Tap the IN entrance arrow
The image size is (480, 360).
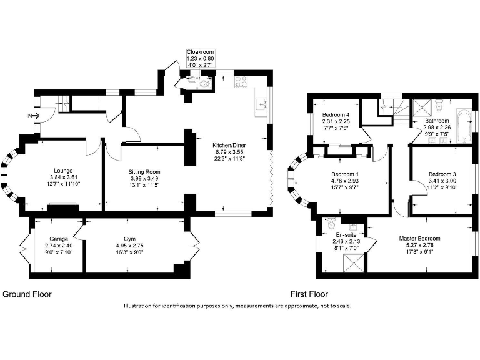point(33,116)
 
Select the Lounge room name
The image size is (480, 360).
point(63,170)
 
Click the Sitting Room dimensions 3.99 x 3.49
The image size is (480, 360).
point(144,178)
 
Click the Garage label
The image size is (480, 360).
point(59,239)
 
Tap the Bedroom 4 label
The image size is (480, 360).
point(336,115)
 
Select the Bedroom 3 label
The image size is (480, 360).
point(442,174)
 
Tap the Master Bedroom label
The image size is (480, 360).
point(419,238)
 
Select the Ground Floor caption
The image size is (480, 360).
point(27,294)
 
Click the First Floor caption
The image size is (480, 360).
point(309,294)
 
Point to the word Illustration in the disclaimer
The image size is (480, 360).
point(137,306)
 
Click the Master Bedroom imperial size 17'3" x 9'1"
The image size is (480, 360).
point(419,253)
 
